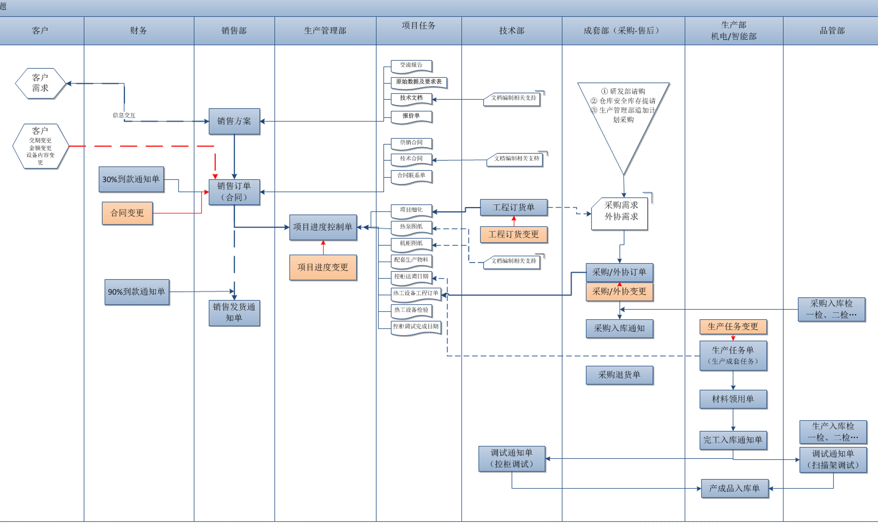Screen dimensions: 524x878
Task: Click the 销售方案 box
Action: click(x=234, y=121)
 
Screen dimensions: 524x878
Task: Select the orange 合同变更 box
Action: click(x=127, y=213)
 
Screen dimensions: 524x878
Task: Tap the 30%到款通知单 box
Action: click(x=131, y=179)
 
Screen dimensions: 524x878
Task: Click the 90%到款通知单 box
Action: click(x=136, y=292)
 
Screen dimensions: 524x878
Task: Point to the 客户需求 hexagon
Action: click(x=40, y=83)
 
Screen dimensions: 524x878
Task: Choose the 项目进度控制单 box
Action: click(x=323, y=227)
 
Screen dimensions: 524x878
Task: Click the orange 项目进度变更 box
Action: click(x=323, y=268)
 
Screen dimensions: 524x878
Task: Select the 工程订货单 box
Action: click(x=513, y=207)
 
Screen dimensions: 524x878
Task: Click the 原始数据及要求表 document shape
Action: click(x=418, y=82)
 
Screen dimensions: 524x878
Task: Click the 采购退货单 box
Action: click(x=619, y=375)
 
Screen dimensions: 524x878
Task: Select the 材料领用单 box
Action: click(x=733, y=399)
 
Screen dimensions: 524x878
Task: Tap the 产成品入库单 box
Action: click(x=734, y=489)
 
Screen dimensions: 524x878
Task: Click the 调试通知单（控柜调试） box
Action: click(x=512, y=459)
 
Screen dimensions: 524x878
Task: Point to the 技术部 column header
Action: click(x=512, y=31)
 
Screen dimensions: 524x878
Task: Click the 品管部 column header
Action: click(x=832, y=31)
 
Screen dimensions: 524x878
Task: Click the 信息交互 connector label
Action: click(x=124, y=115)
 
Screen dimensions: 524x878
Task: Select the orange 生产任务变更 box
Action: click(x=733, y=327)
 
